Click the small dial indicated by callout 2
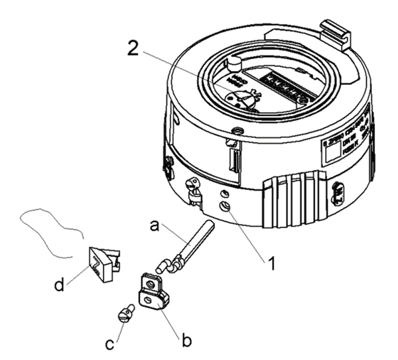pyautogui.click(x=241, y=99)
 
